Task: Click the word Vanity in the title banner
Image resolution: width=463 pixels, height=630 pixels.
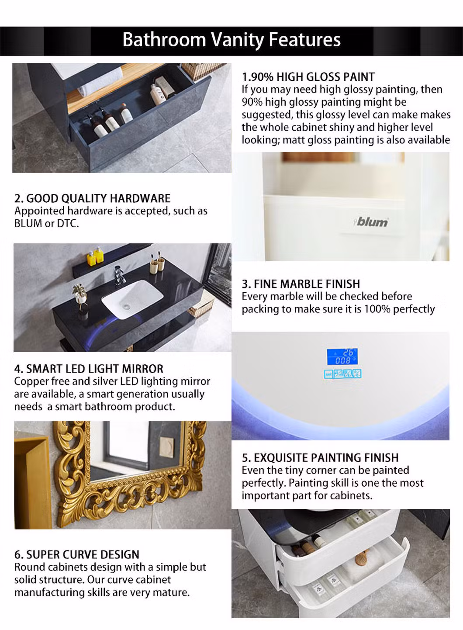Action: pyautogui.click(x=237, y=40)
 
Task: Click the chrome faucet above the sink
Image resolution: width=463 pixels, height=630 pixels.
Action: pyautogui.click(x=120, y=274)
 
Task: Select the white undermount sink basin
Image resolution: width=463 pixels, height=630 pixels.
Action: pyautogui.click(x=132, y=299)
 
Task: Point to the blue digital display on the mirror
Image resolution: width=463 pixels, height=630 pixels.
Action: pyautogui.click(x=342, y=357)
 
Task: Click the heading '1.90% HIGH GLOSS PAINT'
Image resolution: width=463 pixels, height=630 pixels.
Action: pyautogui.click(x=308, y=77)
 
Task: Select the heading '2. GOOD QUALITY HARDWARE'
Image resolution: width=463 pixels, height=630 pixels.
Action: pyautogui.click(x=92, y=198)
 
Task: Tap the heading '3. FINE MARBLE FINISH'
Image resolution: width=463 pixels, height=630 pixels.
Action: pyautogui.click(x=301, y=284)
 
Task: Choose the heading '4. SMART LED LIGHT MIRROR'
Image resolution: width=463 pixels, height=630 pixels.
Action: pyautogui.click(x=89, y=369)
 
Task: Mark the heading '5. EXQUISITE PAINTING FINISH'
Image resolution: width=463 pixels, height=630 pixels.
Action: pyautogui.click(x=320, y=457)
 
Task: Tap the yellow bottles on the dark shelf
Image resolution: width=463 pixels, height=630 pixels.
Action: pyautogui.click(x=95, y=256)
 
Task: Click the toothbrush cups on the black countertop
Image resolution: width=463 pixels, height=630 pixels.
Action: pyautogui.click(x=157, y=263)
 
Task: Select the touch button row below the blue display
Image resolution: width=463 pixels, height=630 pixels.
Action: pyautogui.click(x=343, y=374)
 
